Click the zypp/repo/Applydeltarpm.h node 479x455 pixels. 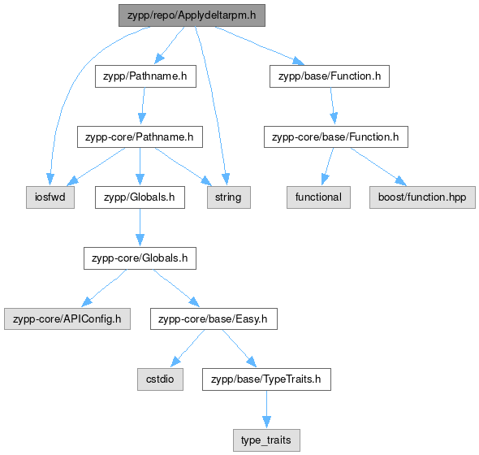point(192,15)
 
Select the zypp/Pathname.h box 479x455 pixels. point(145,76)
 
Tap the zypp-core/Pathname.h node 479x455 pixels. point(140,136)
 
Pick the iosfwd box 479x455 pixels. point(50,197)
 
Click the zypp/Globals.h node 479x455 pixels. point(140,197)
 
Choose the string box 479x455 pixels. point(229,197)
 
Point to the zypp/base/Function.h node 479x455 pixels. point(330,76)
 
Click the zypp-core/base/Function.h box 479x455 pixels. point(336,136)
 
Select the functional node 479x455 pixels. point(318,197)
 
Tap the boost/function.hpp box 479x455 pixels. point(422,197)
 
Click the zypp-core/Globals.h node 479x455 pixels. point(140,258)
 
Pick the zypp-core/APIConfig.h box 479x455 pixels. point(67,319)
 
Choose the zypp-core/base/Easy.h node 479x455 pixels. point(214,319)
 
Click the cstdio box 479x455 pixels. point(161,379)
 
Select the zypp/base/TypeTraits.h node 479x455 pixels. point(266,379)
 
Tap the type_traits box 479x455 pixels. point(266,440)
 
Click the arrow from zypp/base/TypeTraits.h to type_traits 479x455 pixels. point(266,409)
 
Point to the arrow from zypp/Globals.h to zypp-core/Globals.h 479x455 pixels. point(140,227)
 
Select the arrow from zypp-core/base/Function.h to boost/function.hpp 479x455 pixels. point(379,167)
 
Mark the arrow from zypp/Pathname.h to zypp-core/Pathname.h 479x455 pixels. point(143,106)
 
